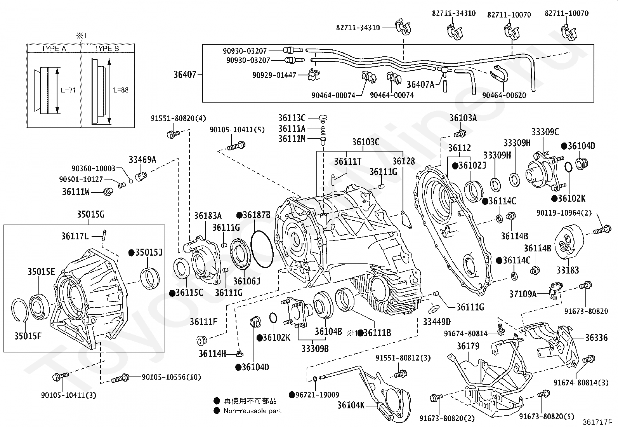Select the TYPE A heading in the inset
click(54, 49)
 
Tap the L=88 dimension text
click(121, 90)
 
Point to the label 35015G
click(90, 214)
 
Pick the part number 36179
click(468, 346)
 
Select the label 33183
click(568, 270)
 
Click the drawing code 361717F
click(597, 422)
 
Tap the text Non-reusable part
click(252, 411)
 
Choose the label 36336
click(596, 337)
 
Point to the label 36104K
click(351, 405)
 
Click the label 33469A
click(142, 159)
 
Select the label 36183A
click(208, 216)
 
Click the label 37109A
click(523, 294)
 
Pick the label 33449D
click(437, 322)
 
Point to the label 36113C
click(292, 118)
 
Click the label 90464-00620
click(504, 95)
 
